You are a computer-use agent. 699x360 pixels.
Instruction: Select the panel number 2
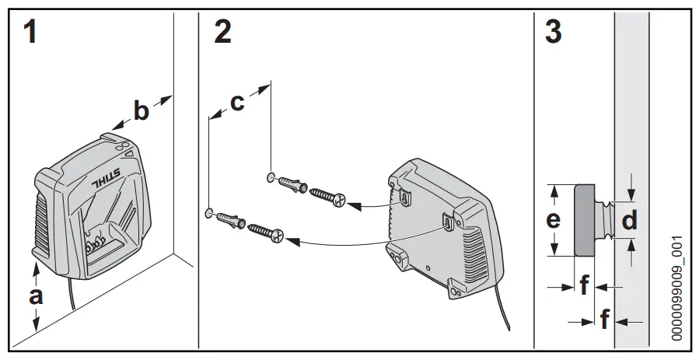pos(222,33)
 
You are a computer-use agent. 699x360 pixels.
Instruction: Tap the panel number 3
pos(554,33)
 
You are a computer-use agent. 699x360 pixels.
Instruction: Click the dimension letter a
pos(37,295)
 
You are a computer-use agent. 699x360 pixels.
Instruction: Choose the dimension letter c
pos(237,102)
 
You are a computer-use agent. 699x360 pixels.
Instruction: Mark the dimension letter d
pos(630,221)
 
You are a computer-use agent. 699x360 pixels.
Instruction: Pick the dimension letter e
pos(553,220)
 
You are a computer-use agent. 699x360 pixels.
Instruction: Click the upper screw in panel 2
pos(330,196)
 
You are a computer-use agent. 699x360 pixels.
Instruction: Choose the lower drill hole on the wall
pos(209,211)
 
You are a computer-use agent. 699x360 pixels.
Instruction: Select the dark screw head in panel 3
pos(585,220)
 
